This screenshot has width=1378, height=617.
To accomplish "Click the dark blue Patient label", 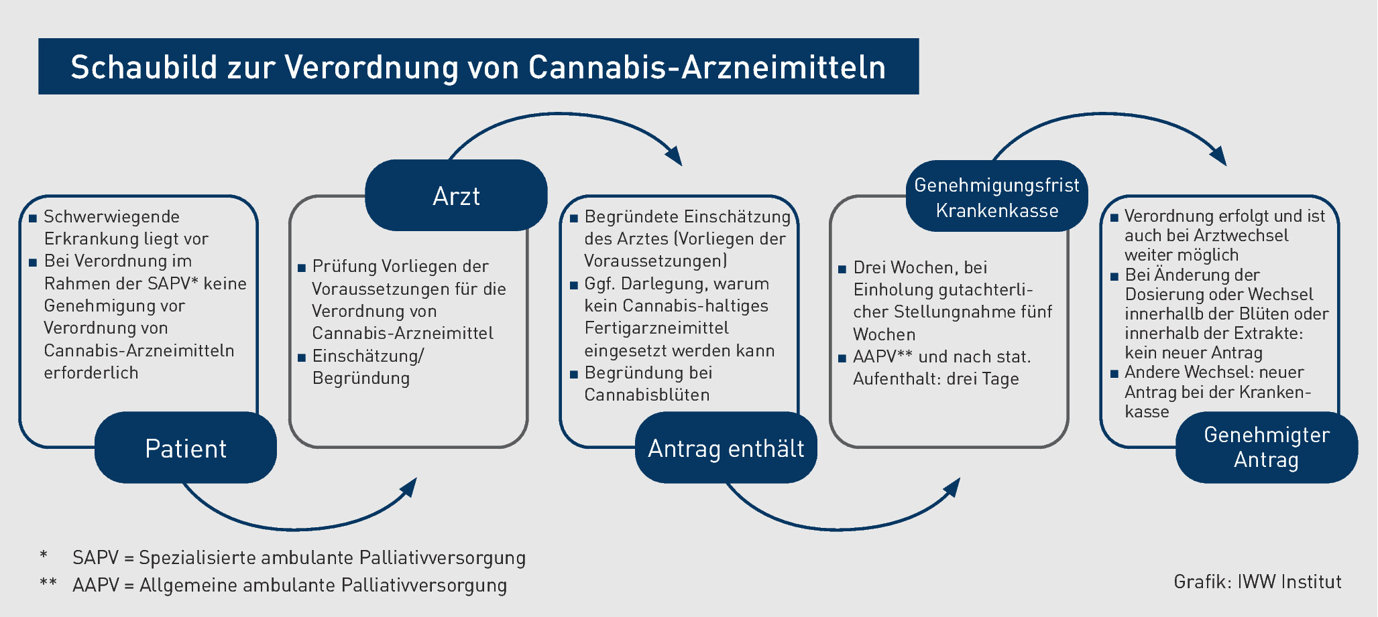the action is (x=186, y=448).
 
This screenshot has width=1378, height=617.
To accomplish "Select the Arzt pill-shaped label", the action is (x=456, y=195).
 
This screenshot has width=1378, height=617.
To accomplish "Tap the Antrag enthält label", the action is (x=726, y=448).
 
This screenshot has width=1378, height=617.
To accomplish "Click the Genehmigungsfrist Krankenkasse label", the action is (x=997, y=196).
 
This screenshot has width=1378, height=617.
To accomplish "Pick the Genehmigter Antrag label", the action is (x=1267, y=448).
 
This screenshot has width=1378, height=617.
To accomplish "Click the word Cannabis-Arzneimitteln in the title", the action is (x=707, y=67).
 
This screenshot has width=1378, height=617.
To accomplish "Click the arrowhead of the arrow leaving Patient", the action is (x=408, y=487).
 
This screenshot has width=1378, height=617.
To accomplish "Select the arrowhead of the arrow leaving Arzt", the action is (x=673, y=155).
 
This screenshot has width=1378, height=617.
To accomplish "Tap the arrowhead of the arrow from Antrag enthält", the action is (x=951, y=487).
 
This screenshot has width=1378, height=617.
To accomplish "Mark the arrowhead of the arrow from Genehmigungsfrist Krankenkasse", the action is (x=1218, y=155).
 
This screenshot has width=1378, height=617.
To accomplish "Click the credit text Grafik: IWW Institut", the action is (x=1257, y=581).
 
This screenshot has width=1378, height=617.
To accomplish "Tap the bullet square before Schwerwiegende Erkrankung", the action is (x=32, y=218).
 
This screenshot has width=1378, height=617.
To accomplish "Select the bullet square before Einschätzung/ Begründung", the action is (x=302, y=357).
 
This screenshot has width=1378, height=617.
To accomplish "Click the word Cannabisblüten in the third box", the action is (x=647, y=395).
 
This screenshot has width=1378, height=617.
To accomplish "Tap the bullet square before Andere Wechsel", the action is (x=1114, y=373).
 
